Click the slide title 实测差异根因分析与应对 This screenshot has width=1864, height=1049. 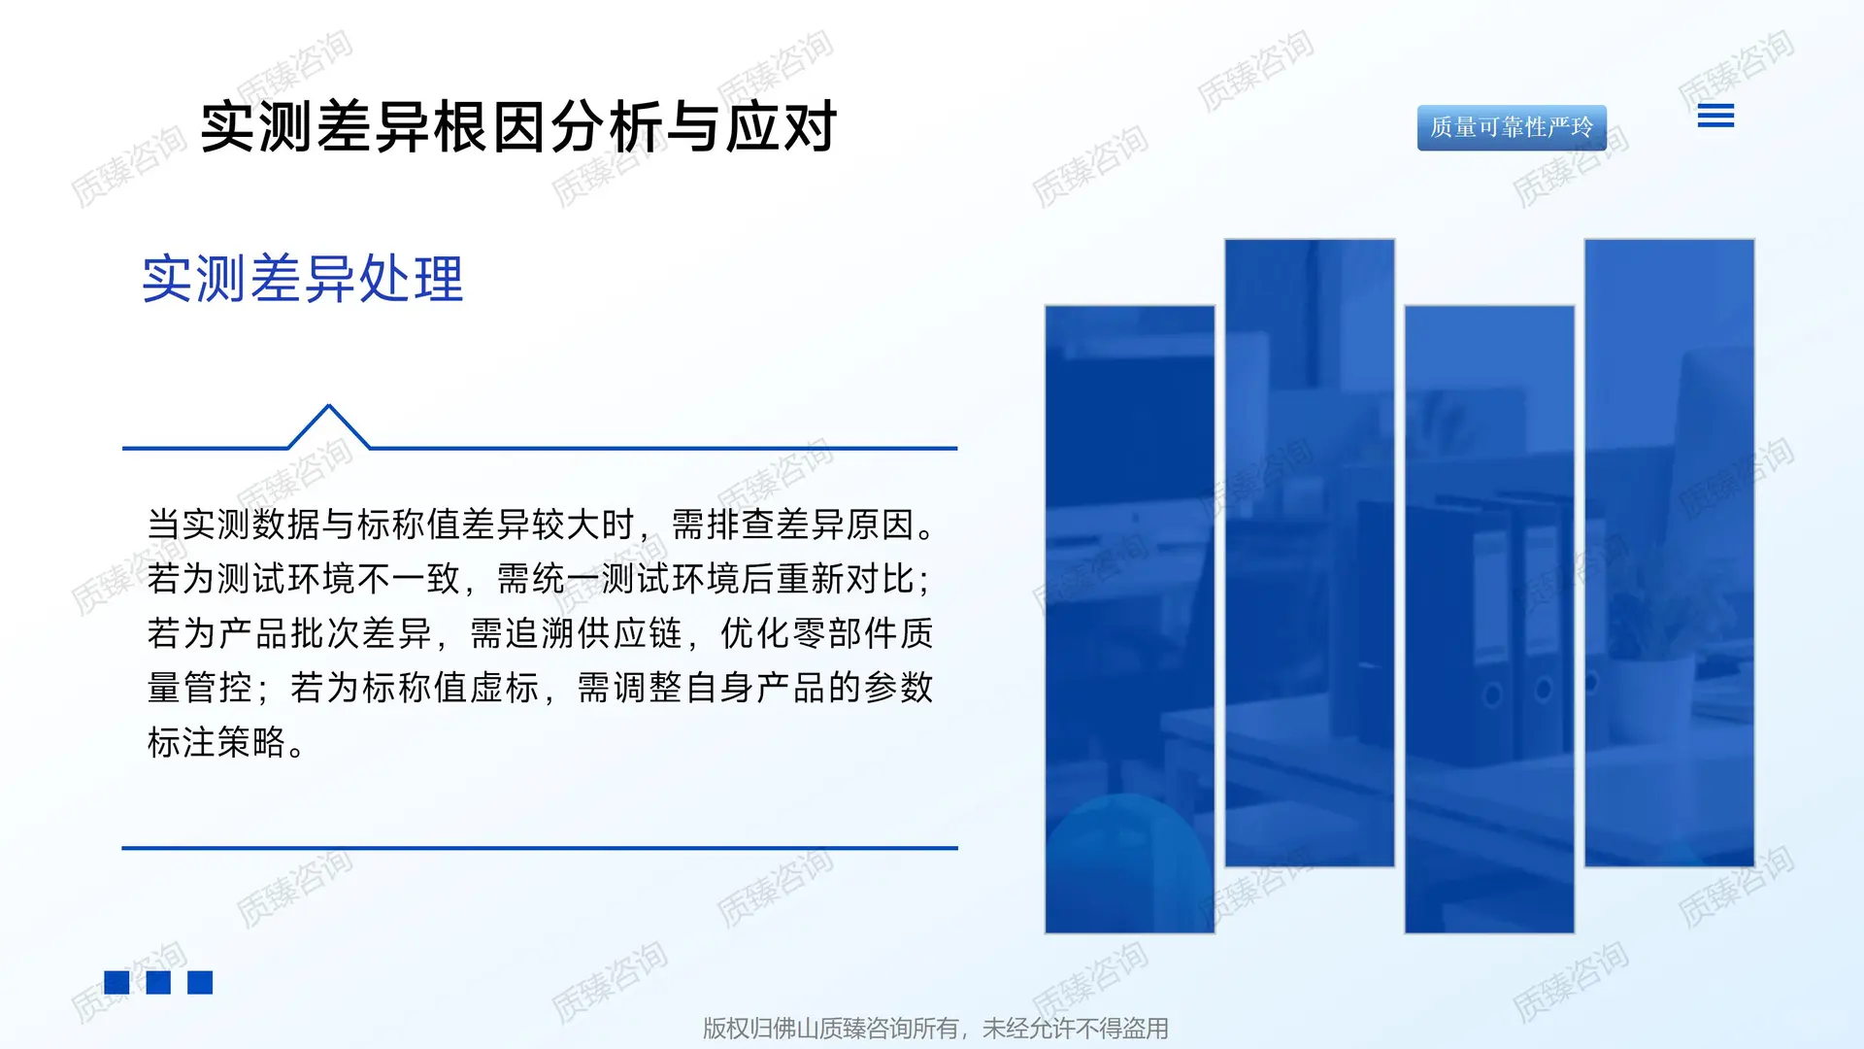coord(518,127)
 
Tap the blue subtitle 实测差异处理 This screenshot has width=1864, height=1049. coord(303,280)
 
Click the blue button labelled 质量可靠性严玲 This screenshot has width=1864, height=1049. coord(1512,127)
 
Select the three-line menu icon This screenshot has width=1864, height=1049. coord(1715,117)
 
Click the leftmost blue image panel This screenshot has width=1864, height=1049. coord(1129,619)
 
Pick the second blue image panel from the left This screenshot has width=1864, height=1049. coord(1309,552)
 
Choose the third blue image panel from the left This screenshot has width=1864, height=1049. coord(1489,619)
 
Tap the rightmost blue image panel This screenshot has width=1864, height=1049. coord(1669,552)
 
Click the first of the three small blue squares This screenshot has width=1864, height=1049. coord(116,983)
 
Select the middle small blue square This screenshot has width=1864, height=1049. coord(158,983)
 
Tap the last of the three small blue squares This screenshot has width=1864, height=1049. coord(200,983)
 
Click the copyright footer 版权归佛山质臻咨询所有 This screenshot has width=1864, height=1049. coord(935,1028)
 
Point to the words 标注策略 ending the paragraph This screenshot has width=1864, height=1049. coord(216,743)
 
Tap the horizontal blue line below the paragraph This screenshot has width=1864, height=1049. coord(540,848)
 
